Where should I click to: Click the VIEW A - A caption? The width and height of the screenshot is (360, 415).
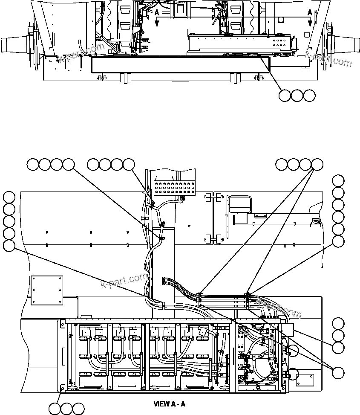(170, 403)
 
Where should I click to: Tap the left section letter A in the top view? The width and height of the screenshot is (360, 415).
(157, 13)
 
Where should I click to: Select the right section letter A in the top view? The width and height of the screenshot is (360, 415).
(310, 13)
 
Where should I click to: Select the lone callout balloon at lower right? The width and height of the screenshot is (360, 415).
(338, 372)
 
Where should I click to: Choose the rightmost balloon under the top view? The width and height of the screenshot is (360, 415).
(310, 96)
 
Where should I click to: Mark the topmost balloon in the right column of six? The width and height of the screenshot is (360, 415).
(338, 181)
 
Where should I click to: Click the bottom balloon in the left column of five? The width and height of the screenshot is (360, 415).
(9, 246)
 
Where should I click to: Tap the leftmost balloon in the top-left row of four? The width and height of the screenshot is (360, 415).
(33, 164)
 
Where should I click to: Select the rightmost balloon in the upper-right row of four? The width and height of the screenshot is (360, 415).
(317, 164)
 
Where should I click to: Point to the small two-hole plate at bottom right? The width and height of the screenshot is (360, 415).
(305, 379)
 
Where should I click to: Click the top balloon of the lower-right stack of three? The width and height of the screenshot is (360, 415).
(338, 323)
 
